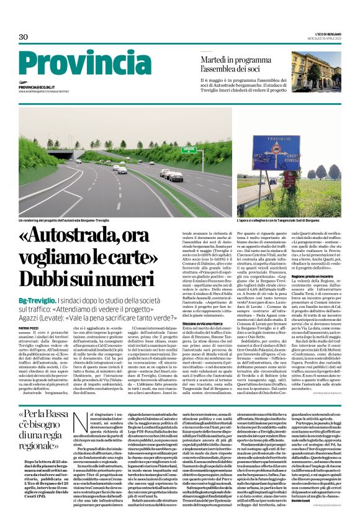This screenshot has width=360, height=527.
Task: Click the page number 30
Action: [x=24, y=37]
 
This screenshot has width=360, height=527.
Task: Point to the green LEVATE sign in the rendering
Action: [x=171, y=149]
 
